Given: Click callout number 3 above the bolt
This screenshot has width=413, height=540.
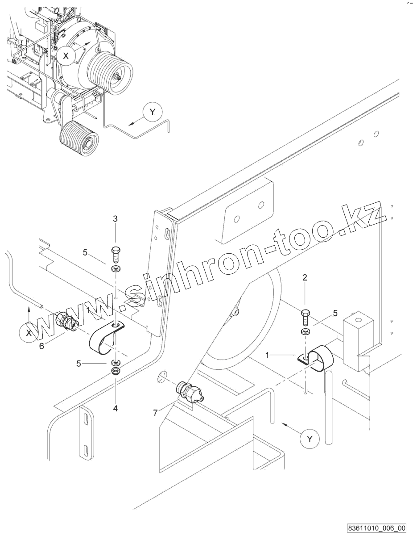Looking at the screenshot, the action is tap(115, 219).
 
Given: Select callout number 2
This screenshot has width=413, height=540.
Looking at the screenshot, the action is tap(305, 277).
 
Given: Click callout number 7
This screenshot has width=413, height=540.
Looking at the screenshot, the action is tap(155, 413).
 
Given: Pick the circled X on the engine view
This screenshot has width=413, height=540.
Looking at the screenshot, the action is tap(66, 56).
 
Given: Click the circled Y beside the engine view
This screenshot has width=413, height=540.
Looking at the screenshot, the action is tap(153, 112).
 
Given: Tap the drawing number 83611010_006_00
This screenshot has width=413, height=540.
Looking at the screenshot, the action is tap(377, 528).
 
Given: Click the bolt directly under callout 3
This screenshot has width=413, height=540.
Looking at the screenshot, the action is tap(115, 254).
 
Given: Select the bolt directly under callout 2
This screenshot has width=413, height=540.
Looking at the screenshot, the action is tap(305, 317).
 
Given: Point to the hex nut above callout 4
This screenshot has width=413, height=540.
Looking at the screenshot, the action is tap(115, 371).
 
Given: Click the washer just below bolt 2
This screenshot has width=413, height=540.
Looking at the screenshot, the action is tap(305, 332).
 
